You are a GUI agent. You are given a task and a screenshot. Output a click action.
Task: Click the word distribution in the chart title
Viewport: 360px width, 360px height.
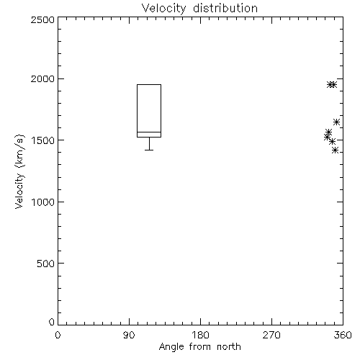coord(225,8)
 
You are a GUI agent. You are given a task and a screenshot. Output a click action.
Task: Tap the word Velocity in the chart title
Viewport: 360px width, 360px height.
coord(163,9)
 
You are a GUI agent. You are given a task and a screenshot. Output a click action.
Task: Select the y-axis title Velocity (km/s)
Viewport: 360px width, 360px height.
coord(19,171)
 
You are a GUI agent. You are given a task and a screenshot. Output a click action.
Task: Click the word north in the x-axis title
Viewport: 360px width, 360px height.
coord(229,347)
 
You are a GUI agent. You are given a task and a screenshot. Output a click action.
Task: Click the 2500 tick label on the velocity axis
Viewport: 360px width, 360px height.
coord(42,19)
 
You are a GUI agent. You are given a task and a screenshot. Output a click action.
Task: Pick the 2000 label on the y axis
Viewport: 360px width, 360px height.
coord(42,78)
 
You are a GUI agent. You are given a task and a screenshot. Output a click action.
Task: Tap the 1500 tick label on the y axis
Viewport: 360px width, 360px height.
coord(43,140)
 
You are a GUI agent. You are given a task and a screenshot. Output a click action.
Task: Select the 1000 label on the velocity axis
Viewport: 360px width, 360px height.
coord(43,202)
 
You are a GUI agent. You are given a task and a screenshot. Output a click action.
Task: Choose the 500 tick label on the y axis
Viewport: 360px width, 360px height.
coord(46,264)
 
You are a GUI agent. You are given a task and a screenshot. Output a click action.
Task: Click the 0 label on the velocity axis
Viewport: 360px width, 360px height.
coord(52,322)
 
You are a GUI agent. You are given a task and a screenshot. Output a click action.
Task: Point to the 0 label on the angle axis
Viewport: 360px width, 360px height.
coord(58,335)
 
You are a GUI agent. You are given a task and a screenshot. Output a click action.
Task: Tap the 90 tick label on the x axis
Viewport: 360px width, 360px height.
coord(129,335)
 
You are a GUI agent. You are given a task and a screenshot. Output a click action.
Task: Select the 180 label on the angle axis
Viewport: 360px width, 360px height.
coord(200,335)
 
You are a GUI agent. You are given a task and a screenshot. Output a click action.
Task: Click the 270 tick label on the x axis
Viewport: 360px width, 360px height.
coord(271,335)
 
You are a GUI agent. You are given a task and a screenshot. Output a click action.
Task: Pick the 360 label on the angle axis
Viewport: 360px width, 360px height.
coord(343,335)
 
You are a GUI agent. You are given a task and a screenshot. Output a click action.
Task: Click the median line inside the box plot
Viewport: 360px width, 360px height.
coord(149,132)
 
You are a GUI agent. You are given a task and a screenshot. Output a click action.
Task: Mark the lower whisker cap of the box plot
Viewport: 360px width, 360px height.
coord(149,150)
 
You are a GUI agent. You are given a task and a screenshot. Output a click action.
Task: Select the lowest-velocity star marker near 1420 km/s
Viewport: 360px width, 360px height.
coord(336,150)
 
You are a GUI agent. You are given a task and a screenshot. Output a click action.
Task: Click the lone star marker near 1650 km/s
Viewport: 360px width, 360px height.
coord(337,122)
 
